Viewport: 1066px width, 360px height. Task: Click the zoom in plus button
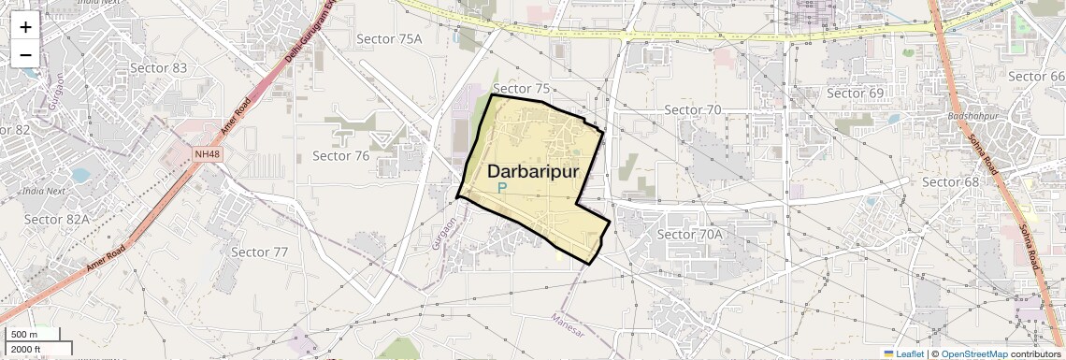25,28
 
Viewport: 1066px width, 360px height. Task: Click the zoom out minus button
25,54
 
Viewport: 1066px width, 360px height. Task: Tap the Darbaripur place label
533,172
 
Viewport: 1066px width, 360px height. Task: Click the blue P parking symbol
501,189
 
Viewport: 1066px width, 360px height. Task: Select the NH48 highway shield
209,153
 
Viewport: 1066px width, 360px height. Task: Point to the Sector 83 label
158,68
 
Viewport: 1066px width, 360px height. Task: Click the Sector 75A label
390,38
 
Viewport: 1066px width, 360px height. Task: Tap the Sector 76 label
341,156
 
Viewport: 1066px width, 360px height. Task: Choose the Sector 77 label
259,252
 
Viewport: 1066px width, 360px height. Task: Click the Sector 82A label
56,220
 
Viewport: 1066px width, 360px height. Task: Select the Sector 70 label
692,110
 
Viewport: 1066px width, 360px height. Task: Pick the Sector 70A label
690,234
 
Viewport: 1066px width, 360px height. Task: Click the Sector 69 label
856,94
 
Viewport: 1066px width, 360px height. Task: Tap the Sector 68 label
950,181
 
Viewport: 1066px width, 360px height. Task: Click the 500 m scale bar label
24,335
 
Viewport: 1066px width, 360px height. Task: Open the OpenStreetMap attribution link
973,354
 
